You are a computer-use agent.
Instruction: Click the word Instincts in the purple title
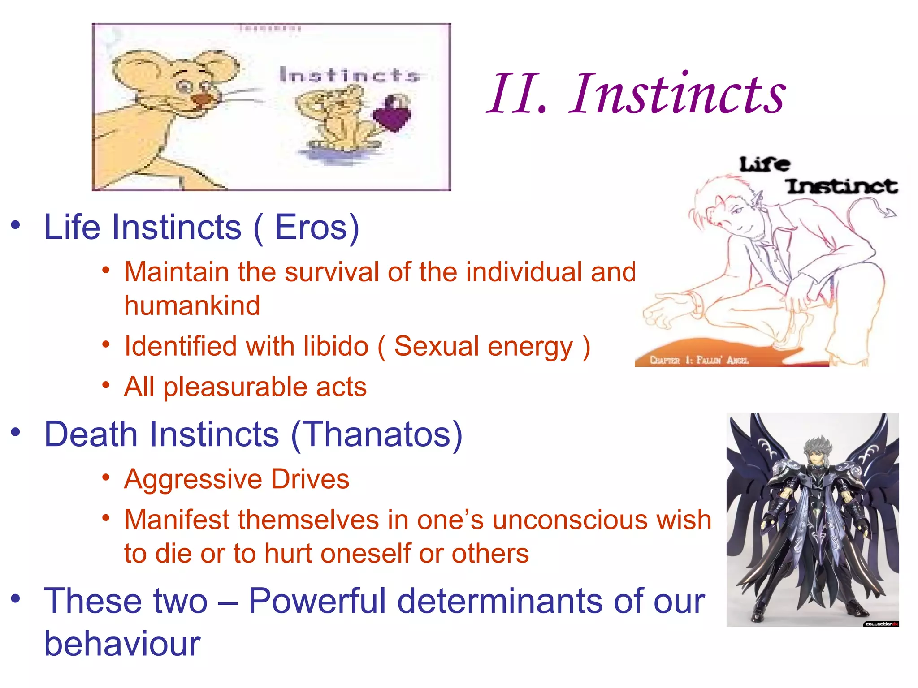[x=677, y=94]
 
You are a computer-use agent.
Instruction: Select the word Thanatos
[x=377, y=434]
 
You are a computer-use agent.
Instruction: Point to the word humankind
[x=192, y=306]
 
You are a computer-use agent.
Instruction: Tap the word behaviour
[x=122, y=644]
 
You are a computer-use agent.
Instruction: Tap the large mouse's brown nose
[x=200, y=99]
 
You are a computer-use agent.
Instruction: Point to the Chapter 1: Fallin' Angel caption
[x=699, y=360]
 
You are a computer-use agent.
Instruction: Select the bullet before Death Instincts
[x=16, y=432]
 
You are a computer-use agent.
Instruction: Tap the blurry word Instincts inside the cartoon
[x=349, y=75]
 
